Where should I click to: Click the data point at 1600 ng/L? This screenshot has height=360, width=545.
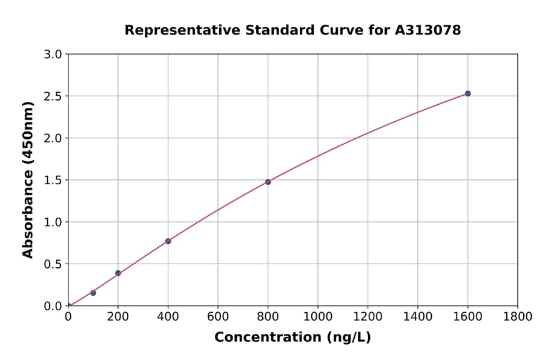pos(467,93)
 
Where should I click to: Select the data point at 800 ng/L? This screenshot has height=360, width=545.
pos(268,182)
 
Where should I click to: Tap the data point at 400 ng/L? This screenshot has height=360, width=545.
pos(168,241)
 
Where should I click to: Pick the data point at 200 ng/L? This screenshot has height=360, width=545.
pos(118,273)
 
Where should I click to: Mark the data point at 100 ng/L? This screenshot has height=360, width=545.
pos(93,293)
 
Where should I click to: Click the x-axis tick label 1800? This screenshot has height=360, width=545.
pos(518,317)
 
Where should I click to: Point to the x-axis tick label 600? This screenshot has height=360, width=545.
pos(218,317)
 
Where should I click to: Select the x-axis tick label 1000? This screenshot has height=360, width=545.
pos(318,317)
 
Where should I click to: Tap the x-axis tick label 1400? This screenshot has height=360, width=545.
pos(418,317)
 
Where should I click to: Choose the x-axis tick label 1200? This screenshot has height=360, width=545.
pos(368,317)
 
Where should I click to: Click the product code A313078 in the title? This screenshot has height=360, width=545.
pos(428,30)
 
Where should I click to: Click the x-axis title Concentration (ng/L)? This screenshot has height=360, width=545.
pos(292,337)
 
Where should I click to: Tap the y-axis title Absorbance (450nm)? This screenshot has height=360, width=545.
pos(28,179)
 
